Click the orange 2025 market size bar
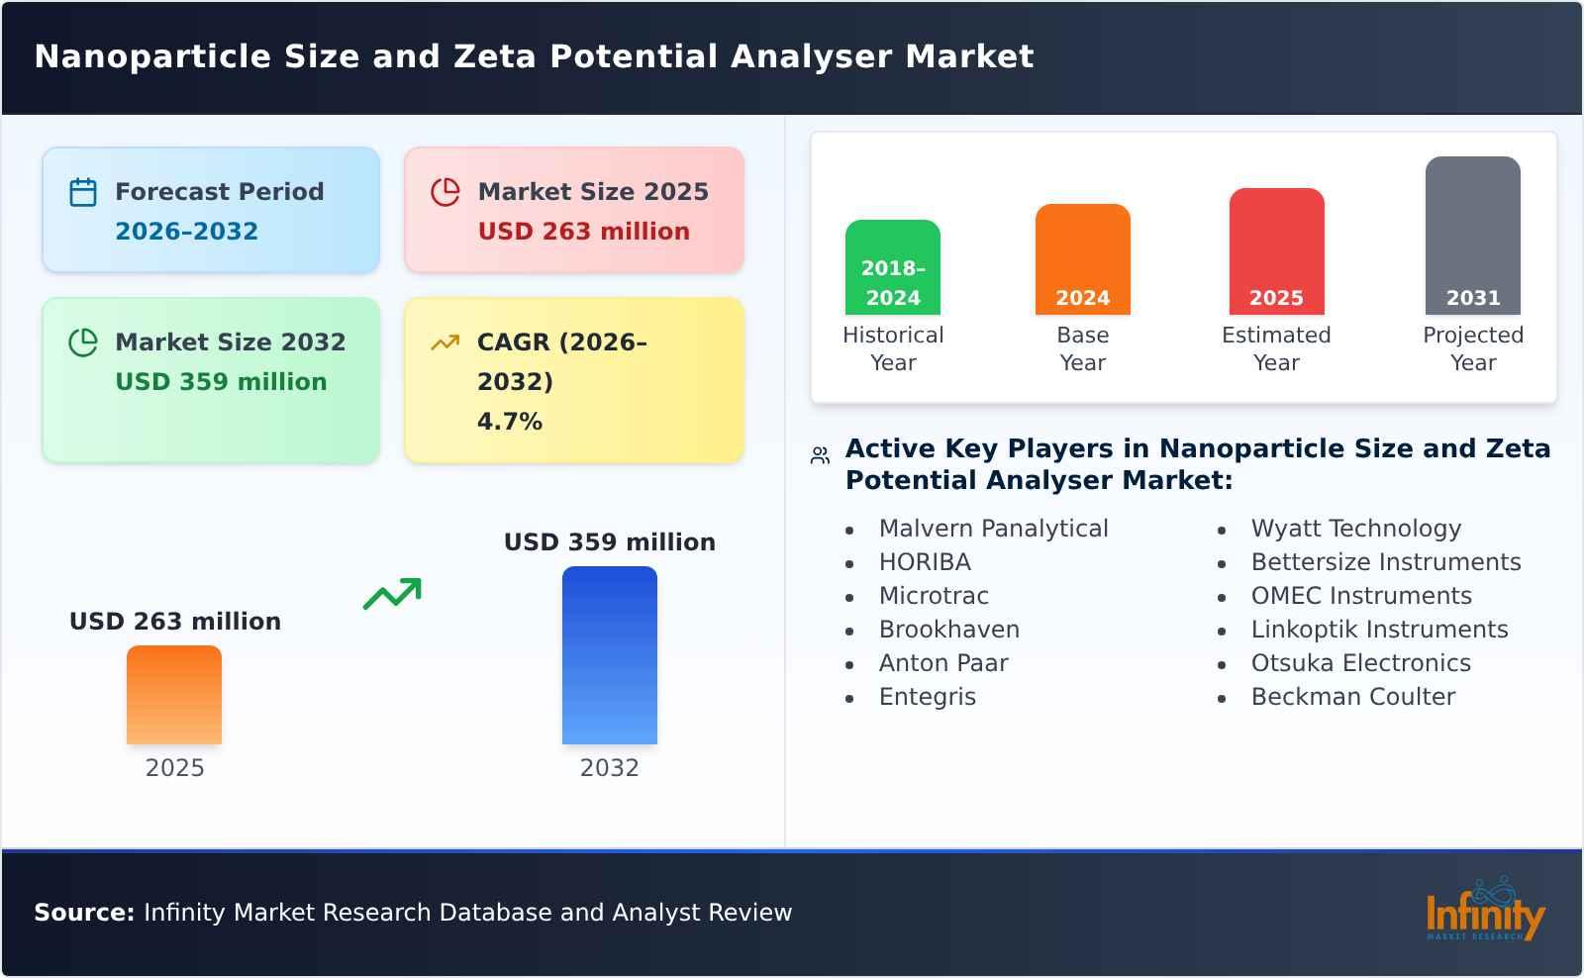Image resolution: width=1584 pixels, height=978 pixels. (x=174, y=695)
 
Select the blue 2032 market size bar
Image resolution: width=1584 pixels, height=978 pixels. (x=609, y=655)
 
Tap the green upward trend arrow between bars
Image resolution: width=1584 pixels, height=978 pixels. (x=392, y=594)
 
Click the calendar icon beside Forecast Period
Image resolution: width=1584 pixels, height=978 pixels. (x=83, y=192)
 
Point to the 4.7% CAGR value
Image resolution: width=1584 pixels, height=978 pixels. (x=509, y=422)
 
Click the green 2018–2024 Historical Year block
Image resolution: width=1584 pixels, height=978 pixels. (x=892, y=267)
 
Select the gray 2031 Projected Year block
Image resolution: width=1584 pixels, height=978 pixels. (x=1472, y=236)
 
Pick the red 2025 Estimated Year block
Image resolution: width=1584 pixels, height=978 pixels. (x=1276, y=251)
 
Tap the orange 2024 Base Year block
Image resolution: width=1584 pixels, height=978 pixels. (x=1082, y=259)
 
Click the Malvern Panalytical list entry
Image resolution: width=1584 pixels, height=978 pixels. (x=993, y=529)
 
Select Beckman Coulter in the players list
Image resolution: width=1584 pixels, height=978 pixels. (x=1352, y=697)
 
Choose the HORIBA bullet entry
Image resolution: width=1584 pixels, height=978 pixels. (x=925, y=562)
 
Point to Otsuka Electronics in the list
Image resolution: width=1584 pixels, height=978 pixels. (x=1360, y=663)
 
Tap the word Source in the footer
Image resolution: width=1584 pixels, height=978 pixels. (x=83, y=913)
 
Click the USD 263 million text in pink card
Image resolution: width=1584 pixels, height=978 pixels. (x=583, y=232)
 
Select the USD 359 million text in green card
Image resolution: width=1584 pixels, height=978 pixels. (x=221, y=382)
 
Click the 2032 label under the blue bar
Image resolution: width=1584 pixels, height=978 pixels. (x=609, y=768)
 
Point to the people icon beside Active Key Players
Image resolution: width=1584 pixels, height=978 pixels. (x=820, y=455)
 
